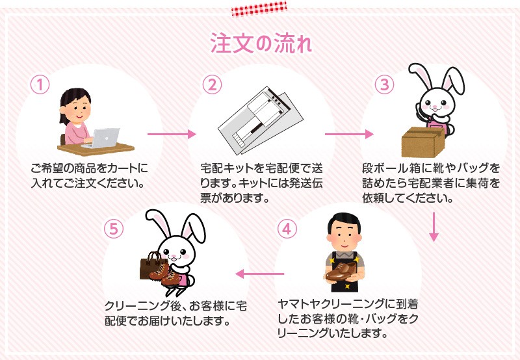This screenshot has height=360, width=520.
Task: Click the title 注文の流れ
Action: coord(261,43)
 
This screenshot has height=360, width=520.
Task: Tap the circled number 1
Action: coord(40,84)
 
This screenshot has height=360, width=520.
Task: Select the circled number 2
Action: coord(212,84)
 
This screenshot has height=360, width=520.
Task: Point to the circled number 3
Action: coord(384,84)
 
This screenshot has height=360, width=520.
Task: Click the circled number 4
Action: coord(287,229)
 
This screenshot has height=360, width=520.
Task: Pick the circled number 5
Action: coord(113,229)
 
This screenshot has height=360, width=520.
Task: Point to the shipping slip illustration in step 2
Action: coord(261,120)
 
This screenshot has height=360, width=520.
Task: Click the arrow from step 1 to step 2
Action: coord(172,134)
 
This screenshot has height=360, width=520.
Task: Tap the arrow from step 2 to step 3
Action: coord(349,134)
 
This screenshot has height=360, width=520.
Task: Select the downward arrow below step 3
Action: coord(434,227)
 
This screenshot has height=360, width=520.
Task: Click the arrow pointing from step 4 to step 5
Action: coord(259,274)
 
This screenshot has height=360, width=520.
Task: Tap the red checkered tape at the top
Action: coord(259,8)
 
